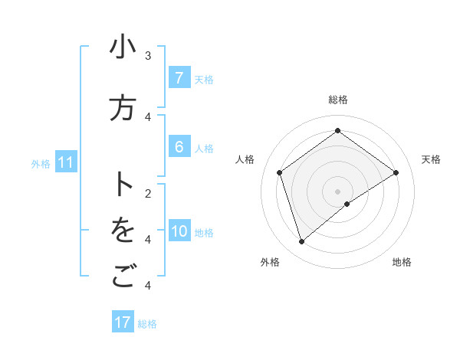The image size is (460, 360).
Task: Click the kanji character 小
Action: (x=123, y=47)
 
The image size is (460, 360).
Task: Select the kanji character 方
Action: (x=123, y=109)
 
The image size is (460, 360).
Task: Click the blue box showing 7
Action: (x=179, y=78)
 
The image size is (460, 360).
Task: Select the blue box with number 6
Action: (x=179, y=147)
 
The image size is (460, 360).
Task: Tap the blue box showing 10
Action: (x=179, y=231)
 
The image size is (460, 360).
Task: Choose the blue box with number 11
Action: (x=65, y=162)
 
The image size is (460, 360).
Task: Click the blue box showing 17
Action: (x=123, y=322)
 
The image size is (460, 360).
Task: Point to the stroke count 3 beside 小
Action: (x=148, y=55)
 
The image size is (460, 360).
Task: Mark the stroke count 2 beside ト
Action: (x=148, y=193)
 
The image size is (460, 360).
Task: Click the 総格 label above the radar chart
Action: (x=337, y=100)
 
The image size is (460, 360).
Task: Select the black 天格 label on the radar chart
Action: (x=431, y=159)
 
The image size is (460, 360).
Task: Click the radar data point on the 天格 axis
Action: (x=396, y=172)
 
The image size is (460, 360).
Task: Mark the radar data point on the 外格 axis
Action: (x=301, y=242)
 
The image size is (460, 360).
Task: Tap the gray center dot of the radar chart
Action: (x=337, y=191)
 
